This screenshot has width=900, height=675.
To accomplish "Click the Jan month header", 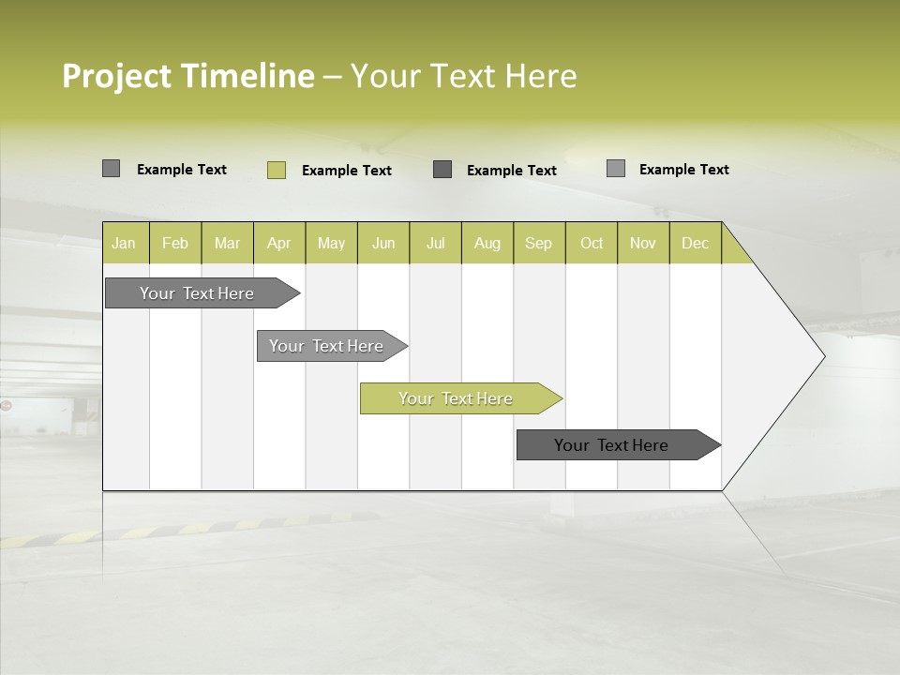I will pos(124,243).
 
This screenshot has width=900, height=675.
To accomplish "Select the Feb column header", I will pos(175,243).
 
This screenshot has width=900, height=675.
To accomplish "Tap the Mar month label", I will pos(227,243).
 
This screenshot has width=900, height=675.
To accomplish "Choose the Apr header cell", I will pos(278,243).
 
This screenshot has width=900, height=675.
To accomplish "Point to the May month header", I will pos(331,243).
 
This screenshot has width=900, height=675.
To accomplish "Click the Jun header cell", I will pos(383,243).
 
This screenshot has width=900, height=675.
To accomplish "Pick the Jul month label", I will pos(435,243).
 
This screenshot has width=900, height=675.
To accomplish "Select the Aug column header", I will pos(487,243).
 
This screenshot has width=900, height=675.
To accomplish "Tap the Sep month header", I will pos(538,243).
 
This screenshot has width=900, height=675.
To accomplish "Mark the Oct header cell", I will pos(592,243).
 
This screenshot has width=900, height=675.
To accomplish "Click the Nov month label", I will pos(643,243).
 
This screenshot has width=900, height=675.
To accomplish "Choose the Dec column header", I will pos(695,243).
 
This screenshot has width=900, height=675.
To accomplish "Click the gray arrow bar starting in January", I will pos(197,293).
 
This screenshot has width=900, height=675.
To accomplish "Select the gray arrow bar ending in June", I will pos(326,346).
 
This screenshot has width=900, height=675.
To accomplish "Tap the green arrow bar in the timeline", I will pos(456,398).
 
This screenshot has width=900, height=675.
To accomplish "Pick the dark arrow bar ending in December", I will pos(611,445).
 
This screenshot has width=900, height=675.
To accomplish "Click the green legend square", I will pos(276,170).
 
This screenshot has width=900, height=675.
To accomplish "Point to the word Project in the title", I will pos(118,76).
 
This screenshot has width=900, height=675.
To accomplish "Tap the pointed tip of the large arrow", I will pos(822,355).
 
